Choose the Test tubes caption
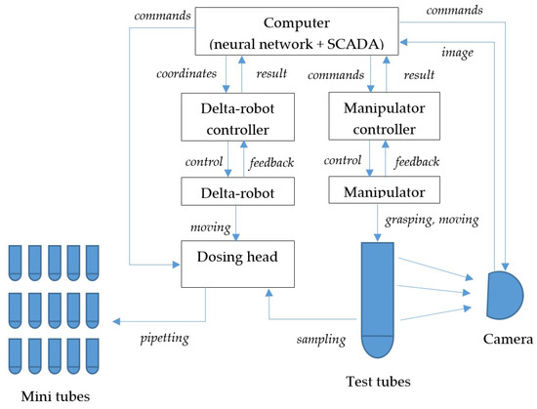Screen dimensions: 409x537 [379, 382]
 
